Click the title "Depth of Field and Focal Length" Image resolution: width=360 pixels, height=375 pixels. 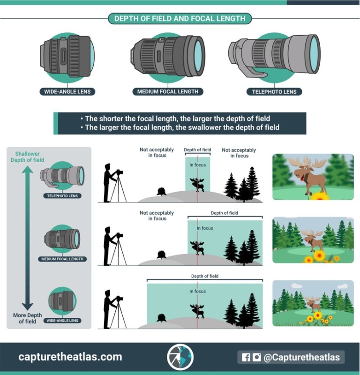[x=180, y=19]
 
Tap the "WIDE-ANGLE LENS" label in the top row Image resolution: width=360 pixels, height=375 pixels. [x=67, y=92]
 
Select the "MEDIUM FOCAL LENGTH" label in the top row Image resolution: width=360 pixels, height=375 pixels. [x=167, y=92]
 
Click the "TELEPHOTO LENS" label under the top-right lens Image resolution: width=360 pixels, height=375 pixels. [x=274, y=92]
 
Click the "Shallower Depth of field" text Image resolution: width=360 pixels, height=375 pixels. [x=27, y=157]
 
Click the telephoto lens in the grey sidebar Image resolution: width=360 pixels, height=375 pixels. [x=63, y=176]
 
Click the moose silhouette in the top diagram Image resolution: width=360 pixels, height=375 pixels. [x=197, y=184]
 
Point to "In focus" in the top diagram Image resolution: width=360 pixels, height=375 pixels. [x=197, y=165]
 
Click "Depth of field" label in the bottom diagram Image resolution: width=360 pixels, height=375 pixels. [x=205, y=277]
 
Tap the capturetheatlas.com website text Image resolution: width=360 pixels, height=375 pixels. [x=70, y=357]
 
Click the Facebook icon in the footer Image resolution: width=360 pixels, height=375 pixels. [x=246, y=357]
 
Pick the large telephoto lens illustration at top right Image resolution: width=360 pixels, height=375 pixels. [x=274, y=54]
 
